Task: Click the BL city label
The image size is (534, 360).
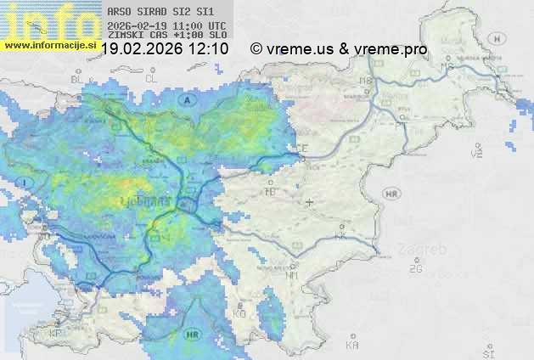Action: [x=77, y=79]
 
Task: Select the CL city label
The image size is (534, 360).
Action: [x=152, y=78]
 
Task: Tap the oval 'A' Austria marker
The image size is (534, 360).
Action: [x=186, y=99]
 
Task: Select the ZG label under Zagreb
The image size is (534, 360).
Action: [x=415, y=269]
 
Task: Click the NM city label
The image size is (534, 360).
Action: [x=292, y=275]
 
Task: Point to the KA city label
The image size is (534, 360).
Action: [x=352, y=345]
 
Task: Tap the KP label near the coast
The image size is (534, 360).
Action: [x=56, y=334]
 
